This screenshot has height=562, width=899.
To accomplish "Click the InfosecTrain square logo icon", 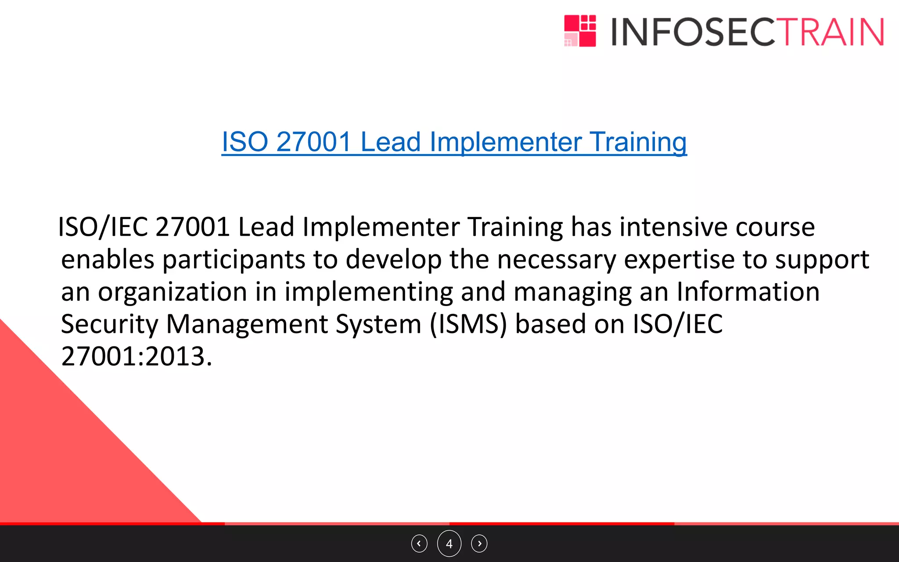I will [x=580, y=31].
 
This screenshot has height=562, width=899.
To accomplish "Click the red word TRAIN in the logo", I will [x=831, y=32].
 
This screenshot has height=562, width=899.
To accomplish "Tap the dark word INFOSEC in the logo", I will [x=694, y=32].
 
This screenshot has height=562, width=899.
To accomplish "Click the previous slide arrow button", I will [x=419, y=544].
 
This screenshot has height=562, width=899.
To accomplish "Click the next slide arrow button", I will [x=479, y=544].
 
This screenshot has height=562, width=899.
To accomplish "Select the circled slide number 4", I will [x=449, y=544].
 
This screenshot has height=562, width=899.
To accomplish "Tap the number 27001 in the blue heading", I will [x=314, y=142].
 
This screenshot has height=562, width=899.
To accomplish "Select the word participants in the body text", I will [x=234, y=260].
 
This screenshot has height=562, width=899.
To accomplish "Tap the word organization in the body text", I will [x=173, y=292].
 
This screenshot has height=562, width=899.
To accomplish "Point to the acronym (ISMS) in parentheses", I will [x=468, y=324].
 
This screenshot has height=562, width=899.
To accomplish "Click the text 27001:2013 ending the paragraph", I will [x=137, y=356].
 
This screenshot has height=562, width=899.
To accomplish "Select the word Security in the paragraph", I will [x=109, y=324].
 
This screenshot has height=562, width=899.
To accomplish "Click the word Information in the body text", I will [x=748, y=292].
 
